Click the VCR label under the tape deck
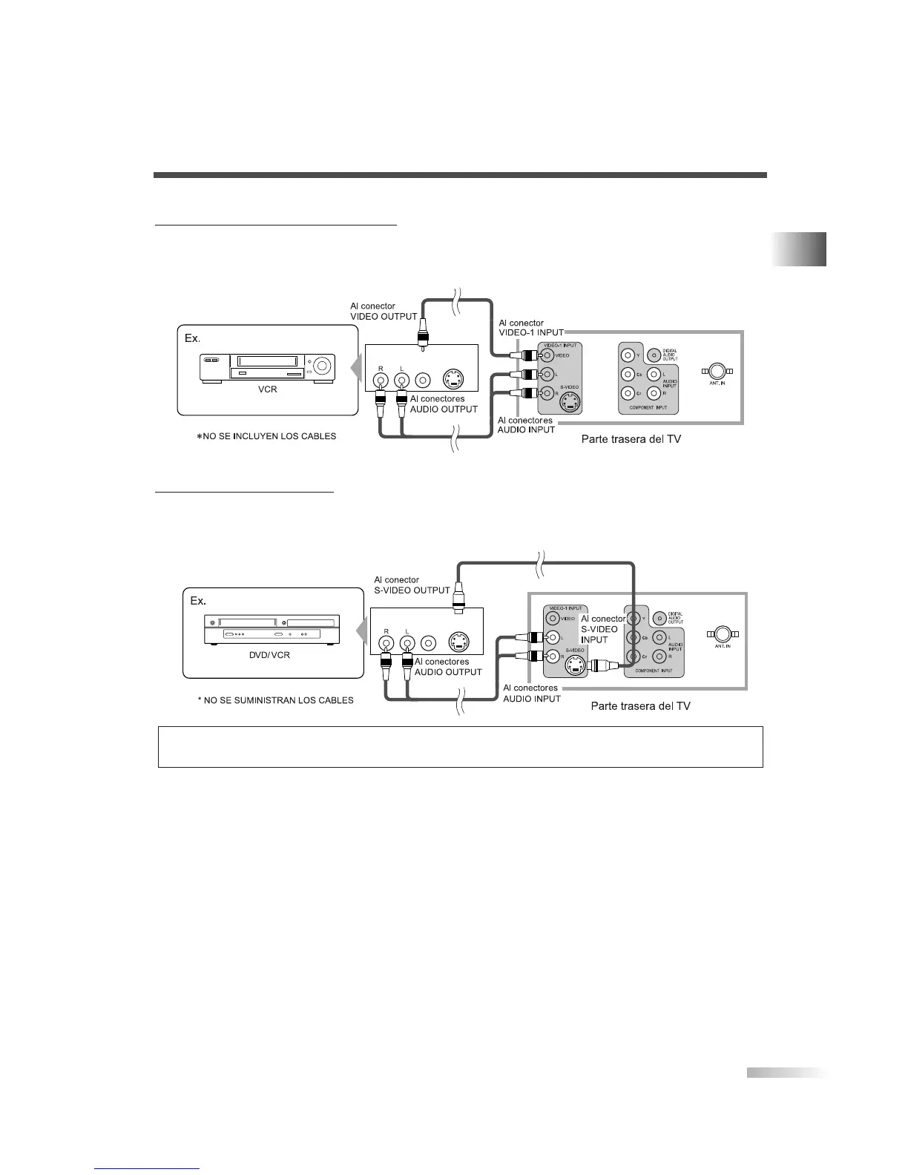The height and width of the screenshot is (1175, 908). [268, 390]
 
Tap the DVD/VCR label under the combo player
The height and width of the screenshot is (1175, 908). [269, 656]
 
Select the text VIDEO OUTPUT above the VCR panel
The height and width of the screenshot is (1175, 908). [384, 317]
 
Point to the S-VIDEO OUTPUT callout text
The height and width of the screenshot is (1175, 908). [412, 590]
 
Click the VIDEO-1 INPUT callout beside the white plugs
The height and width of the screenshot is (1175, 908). [531, 332]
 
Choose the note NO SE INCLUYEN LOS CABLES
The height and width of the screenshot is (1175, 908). [266, 436]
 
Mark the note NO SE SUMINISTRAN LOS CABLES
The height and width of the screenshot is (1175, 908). [275, 700]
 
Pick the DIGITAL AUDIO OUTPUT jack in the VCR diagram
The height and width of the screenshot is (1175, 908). [654, 355]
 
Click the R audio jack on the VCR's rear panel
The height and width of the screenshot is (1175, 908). [381, 380]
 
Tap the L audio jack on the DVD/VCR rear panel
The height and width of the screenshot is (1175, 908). [407, 642]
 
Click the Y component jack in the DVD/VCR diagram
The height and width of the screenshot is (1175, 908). [632, 617]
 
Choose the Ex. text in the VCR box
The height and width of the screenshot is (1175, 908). [192, 338]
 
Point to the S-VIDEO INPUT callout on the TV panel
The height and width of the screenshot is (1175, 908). [602, 629]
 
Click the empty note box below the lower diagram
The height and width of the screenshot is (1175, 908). [460, 746]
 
